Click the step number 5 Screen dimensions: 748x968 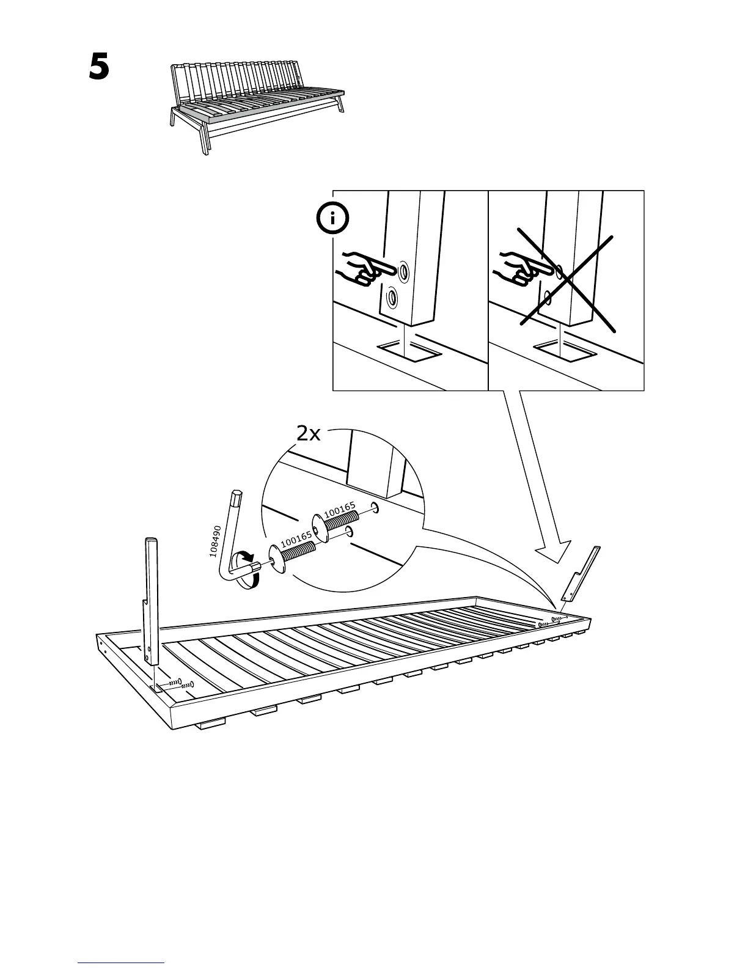pos(99,67)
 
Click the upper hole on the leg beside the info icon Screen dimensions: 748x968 pos(403,269)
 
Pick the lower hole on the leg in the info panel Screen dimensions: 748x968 pos(392,298)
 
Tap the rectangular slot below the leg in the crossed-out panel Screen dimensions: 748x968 pos(565,350)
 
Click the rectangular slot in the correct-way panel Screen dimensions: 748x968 pos(409,351)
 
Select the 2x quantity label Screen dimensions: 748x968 pos(308,434)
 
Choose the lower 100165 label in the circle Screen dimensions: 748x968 pos(296,538)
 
